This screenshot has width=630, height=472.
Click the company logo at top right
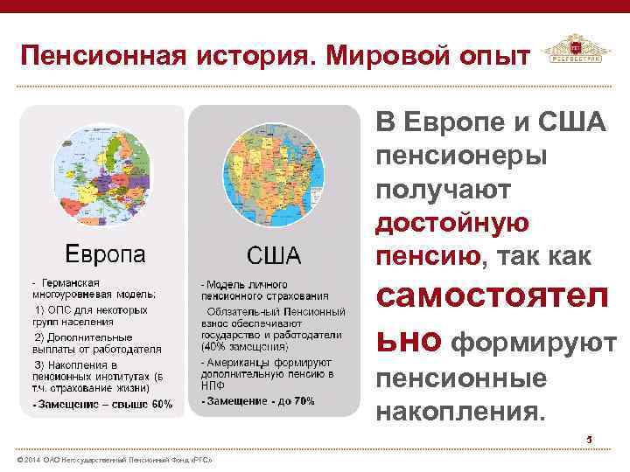575,54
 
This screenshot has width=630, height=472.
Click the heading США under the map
273,255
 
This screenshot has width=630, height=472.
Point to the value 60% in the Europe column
162,405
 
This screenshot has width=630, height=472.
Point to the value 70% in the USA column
303,401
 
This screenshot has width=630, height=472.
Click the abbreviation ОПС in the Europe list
69,310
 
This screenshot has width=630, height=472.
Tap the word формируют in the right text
533,344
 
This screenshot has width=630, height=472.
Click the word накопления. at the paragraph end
460,410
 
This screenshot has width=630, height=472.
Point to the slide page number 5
590,439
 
